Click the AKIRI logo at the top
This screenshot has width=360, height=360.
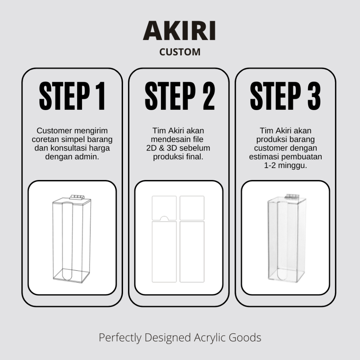[x=179, y=31]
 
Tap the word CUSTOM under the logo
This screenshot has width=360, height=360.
[x=180, y=52]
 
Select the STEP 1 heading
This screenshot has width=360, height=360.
[x=72, y=96]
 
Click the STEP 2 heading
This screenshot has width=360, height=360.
[x=180, y=96]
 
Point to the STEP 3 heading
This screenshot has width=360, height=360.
[x=285, y=96]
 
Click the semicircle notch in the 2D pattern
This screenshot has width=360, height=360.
[x=164, y=218]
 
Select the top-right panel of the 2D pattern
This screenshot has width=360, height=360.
[x=192, y=207]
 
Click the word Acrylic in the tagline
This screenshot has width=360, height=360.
[x=212, y=338]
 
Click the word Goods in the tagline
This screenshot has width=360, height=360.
[x=246, y=338]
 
